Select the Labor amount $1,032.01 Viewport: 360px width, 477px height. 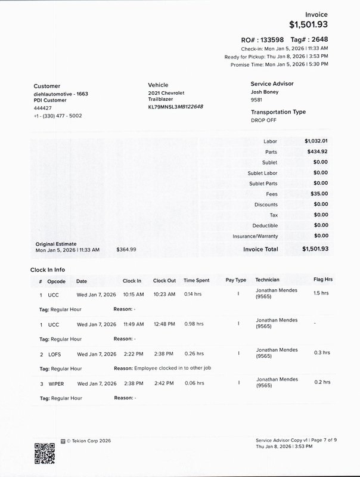(316, 141)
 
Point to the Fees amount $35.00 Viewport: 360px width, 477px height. (319, 194)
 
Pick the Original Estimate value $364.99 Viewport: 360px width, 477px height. (126, 249)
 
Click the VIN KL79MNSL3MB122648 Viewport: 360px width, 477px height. (175, 107)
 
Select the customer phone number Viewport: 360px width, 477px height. (58, 116)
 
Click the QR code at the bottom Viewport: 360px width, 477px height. (45, 453)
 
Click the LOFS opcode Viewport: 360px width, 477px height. (55, 354)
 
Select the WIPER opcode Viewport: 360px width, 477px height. (56, 383)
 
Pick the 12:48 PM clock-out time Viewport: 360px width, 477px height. (164, 324)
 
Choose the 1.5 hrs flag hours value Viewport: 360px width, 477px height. (321, 293)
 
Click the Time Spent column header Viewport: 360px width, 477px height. (196, 280)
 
